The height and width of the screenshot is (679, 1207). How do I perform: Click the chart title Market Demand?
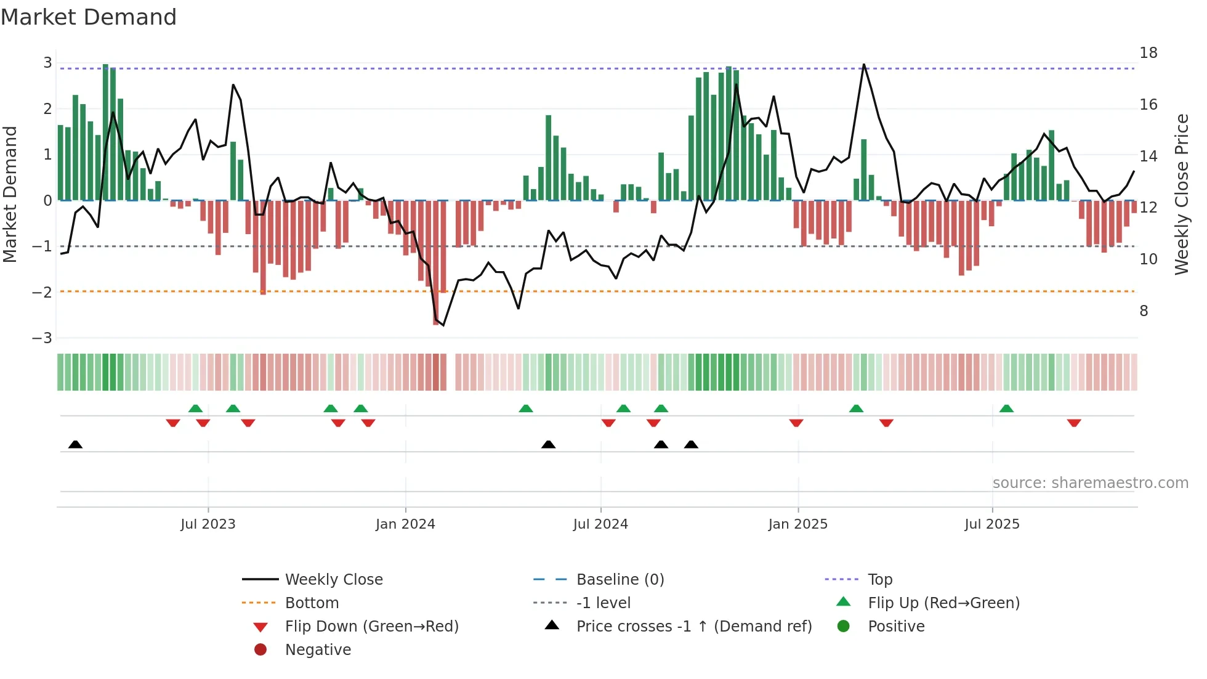tap(89, 17)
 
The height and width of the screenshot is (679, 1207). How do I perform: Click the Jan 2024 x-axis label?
tap(405, 524)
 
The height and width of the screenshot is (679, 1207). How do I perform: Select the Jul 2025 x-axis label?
tap(991, 524)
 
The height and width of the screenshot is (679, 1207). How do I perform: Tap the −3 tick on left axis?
tap(42, 338)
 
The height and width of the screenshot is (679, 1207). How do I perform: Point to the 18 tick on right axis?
tap(1148, 53)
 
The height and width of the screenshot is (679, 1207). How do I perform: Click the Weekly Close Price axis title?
tap(1181, 194)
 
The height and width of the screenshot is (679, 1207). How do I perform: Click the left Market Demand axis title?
tap(10, 194)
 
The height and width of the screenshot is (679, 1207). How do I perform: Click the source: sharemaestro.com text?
tap(1090, 482)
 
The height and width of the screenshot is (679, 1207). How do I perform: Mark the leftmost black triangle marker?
tap(75, 444)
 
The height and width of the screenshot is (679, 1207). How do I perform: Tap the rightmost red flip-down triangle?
tap(1074, 423)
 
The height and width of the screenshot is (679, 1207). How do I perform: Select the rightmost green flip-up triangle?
tap(1006, 409)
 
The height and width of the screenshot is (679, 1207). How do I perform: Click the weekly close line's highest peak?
tap(863, 65)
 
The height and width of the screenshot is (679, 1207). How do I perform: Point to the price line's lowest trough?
tap(443, 325)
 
